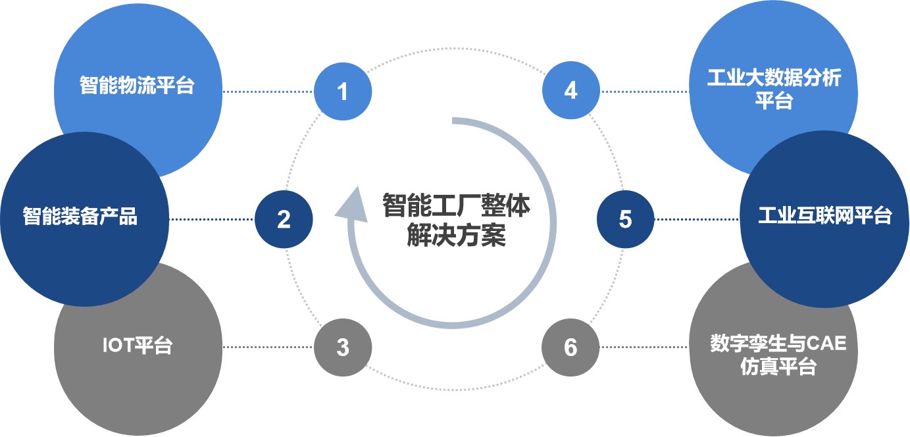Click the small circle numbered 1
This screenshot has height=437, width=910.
click(x=343, y=91)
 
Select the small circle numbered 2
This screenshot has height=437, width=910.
click(x=284, y=219)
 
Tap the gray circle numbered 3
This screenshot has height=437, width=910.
click(x=343, y=347)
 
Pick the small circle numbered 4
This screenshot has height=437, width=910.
click(x=570, y=90)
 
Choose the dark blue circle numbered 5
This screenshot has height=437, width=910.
click(x=626, y=219)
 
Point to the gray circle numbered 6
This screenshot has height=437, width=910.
click(x=570, y=347)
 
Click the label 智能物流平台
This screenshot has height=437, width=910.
click(x=137, y=86)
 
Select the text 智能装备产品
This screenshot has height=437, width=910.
click(x=80, y=216)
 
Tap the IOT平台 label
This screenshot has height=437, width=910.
click(x=138, y=345)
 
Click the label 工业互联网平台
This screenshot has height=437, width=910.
click(x=824, y=215)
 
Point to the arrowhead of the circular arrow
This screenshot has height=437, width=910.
click(x=353, y=205)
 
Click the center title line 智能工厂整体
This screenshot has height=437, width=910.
click(x=456, y=205)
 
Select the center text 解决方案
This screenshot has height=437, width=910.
click(x=456, y=235)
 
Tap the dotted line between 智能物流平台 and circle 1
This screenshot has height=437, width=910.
click(x=268, y=91)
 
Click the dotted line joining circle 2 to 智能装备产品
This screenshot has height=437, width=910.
click(x=212, y=219)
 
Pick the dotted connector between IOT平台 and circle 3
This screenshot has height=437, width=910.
click(x=268, y=347)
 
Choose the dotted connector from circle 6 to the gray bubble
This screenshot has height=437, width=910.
click(x=644, y=347)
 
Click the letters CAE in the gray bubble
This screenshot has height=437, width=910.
click(x=826, y=344)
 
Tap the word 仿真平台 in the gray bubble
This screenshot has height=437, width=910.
click(x=778, y=367)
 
